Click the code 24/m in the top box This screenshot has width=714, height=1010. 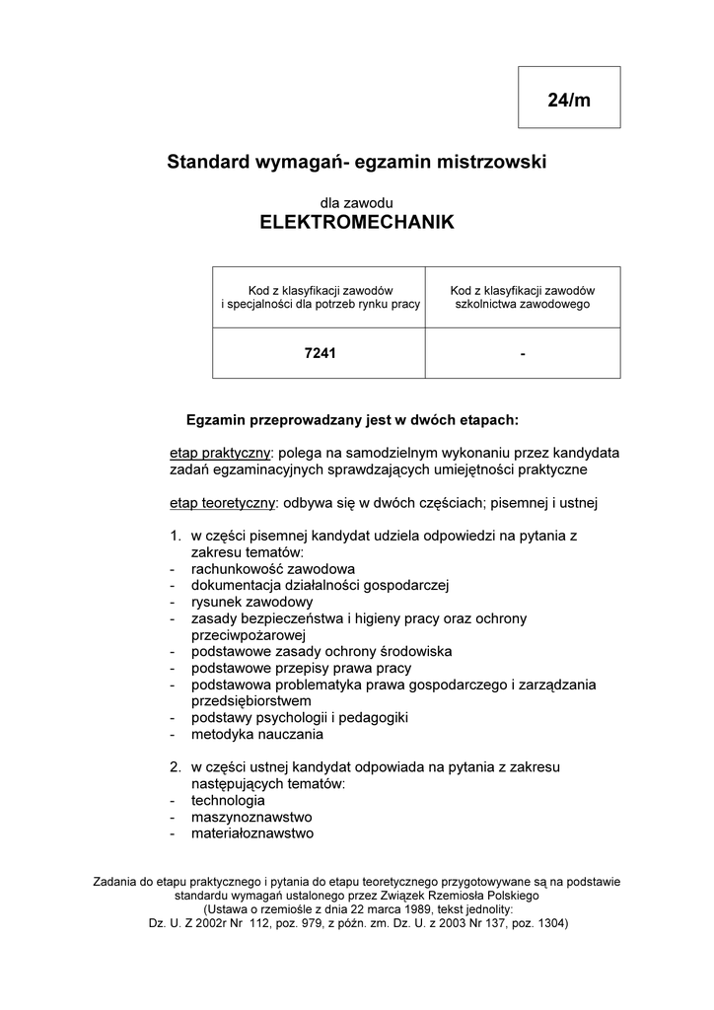tap(569, 101)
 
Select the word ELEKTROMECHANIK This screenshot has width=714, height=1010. tap(357, 222)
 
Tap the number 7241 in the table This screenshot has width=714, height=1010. tap(320, 353)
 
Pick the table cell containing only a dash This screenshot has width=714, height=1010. tap(523, 353)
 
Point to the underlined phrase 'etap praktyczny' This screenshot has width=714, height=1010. tap(219, 452)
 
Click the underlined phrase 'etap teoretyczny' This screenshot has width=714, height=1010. tap(222, 503)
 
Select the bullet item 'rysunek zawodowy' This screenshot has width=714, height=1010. tap(252, 602)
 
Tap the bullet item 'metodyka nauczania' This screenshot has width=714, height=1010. tap(257, 734)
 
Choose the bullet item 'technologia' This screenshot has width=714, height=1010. tap(228, 800)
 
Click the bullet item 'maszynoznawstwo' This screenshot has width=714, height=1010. tap(251, 817)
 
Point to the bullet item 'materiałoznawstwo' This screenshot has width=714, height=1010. tap(252, 833)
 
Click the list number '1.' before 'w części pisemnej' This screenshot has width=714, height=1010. tap(175, 536)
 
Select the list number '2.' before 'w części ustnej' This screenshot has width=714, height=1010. tap(175, 766)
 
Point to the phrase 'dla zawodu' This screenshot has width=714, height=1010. tap(357, 201)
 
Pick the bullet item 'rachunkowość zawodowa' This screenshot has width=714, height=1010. tap(273, 569)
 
